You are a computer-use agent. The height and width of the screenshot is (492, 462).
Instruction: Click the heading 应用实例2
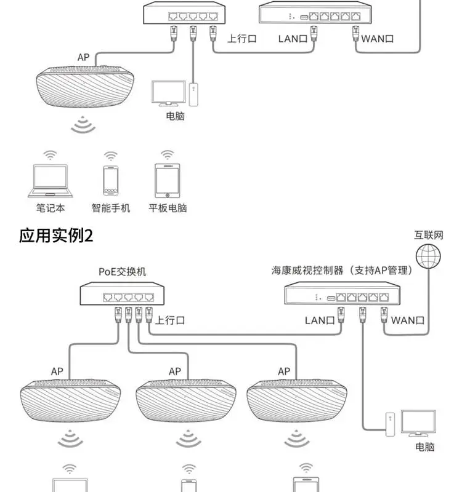(56, 236)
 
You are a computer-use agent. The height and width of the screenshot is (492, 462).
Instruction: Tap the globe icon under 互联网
(428, 256)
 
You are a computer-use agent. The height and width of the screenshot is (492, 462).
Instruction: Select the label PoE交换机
(122, 272)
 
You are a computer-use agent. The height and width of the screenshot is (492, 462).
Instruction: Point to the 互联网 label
(428, 236)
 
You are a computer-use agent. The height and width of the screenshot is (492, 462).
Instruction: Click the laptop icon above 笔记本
(51, 181)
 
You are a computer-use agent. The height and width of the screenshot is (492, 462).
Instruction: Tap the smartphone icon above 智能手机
(111, 181)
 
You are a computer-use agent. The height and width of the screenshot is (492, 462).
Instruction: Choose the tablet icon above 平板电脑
(168, 181)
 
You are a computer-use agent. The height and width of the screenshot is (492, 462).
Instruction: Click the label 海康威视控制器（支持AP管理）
(342, 270)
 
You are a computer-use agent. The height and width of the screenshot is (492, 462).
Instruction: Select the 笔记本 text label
(51, 208)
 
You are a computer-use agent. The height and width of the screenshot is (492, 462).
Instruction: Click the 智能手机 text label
(111, 208)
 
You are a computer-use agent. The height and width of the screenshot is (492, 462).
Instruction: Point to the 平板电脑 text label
(168, 208)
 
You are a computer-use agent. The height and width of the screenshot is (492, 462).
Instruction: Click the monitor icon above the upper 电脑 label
(168, 93)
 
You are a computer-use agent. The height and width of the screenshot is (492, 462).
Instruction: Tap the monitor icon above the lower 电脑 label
(418, 423)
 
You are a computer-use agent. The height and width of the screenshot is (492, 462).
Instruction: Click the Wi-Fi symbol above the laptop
(50, 155)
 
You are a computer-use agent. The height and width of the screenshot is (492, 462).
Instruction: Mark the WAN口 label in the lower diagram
(408, 320)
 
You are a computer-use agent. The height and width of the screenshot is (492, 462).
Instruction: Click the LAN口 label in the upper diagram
(293, 39)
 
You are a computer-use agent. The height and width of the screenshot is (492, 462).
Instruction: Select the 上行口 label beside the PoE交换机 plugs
(170, 320)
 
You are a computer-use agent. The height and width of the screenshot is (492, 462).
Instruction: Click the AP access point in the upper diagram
(85, 86)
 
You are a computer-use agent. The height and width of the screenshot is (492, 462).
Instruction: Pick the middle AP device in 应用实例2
(186, 401)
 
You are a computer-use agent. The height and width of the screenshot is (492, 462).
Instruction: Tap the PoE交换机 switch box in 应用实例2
(122, 294)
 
